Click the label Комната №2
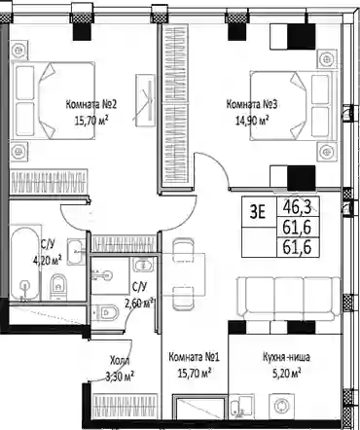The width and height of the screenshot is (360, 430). (91, 105)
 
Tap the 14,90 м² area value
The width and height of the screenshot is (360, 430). (252, 121)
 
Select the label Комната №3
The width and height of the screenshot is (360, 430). (252, 104)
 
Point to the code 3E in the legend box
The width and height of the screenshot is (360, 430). (258, 212)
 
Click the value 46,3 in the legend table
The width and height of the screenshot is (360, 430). (297, 206)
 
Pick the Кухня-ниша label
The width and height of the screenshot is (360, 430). (286, 357)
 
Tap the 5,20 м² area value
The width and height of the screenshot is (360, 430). (286, 374)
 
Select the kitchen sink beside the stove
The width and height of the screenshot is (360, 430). (240, 406)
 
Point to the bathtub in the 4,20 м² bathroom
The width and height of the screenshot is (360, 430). (25, 264)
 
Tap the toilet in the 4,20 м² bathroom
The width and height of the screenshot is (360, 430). (58, 287)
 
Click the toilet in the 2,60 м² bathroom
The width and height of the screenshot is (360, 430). (104, 313)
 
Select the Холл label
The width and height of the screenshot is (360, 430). (120, 360)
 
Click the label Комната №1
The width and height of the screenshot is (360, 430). (194, 357)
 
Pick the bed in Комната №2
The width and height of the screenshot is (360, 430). (54, 101)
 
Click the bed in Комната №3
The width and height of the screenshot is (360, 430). (291, 105)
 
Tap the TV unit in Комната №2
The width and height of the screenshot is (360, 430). (146, 100)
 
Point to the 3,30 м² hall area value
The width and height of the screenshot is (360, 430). (120, 376)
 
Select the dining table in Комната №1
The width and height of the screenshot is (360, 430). (184, 274)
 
